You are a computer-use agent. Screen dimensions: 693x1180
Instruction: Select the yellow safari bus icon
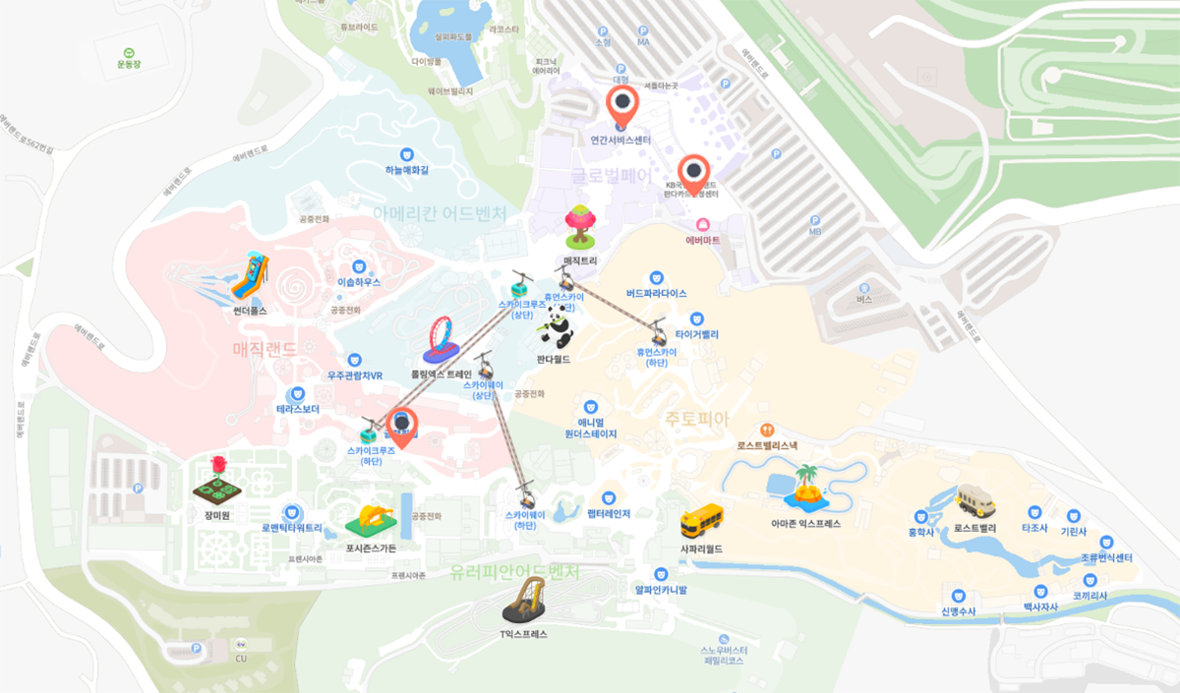[x=701, y=519]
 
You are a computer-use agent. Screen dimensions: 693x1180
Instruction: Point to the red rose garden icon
[x=216, y=481]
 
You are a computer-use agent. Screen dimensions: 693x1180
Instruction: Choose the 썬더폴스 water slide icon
[x=250, y=277]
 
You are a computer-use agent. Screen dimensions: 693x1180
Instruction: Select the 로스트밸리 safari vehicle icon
[x=974, y=501]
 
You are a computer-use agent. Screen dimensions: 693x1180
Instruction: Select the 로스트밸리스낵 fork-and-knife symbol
[x=766, y=430]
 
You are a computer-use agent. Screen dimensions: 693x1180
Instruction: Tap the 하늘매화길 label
[x=407, y=170]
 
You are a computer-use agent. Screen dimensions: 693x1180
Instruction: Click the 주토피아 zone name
[x=696, y=419]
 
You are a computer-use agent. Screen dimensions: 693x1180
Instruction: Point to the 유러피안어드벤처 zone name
[x=513, y=572]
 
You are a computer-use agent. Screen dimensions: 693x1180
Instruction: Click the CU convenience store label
[x=241, y=658]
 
